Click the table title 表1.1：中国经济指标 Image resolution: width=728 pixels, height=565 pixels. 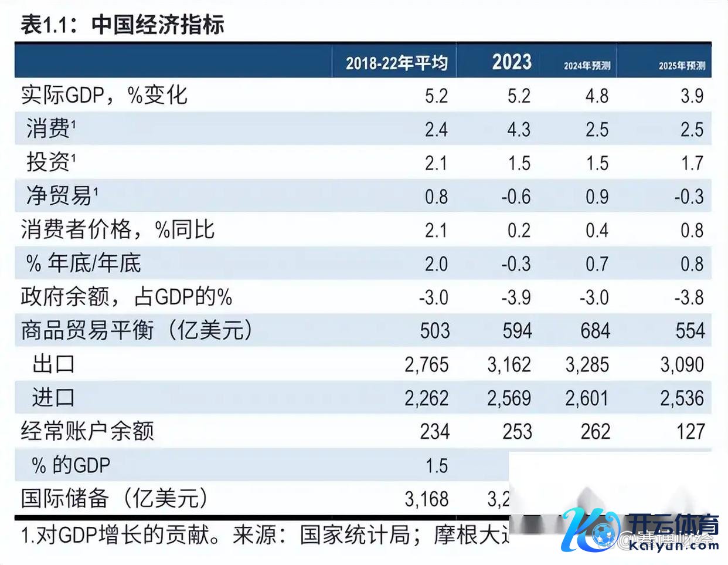pyautogui.click(x=123, y=25)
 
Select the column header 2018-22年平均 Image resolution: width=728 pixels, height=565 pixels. pyautogui.click(x=396, y=63)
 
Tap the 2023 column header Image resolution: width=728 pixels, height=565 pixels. pyautogui.click(x=511, y=62)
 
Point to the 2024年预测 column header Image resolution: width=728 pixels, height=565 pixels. pyautogui.click(x=587, y=66)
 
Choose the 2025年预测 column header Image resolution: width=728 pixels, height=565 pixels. pyautogui.click(x=681, y=66)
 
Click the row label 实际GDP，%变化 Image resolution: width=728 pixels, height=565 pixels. pyautogui.click(x=104, y=95)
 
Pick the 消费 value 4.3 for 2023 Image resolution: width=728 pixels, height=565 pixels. pyautogui.click(x=519, y=129)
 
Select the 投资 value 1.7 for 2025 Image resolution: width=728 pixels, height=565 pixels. pyautogui.click(x=692, y=163)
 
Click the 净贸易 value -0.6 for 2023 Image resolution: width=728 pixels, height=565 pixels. pyautogui.click(x=516, y=197)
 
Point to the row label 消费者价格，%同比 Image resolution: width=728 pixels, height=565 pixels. pyautogui.click(x=118, y=229)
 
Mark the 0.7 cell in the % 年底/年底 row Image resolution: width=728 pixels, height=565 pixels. pyautogui.click(x=597, y=263)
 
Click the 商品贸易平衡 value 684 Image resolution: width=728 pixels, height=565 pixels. pyautogui.click(x=595, y=331)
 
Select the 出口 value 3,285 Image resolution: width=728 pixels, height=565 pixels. pyautogui.click(x=587, y=364)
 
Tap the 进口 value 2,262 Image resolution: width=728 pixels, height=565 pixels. pyautogui.click(x=426, y=398)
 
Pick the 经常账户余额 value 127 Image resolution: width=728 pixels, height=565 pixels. pyautogui.click(x=690, y=432)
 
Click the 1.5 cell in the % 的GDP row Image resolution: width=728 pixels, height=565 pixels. pyautogui.click(x=436, y=466)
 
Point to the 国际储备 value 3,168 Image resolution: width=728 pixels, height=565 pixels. pyautogui.click(x=426, y=499)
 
